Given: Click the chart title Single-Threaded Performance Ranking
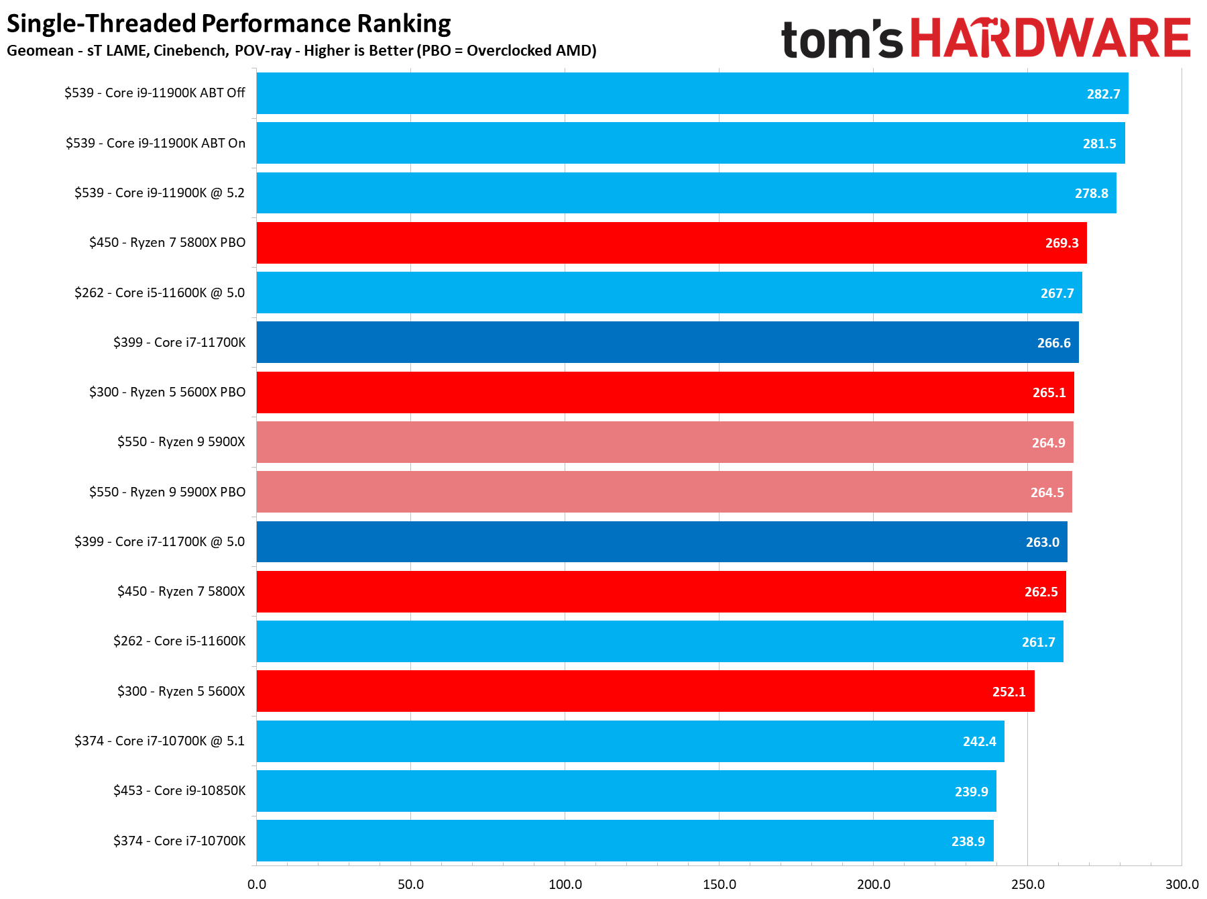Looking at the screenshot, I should pyautogui.click(x=229, y=23).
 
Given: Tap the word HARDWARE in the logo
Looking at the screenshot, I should pyautogui.click(x=1050, y=38).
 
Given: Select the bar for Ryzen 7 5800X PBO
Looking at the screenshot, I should pyautogui.click(x=671, y=243).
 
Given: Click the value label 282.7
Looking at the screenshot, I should pyautogui.click(x=1103, y=94).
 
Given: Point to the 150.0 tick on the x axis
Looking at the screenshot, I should pyautogui.click(x=719, y=884).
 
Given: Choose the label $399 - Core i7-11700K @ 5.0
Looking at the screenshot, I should pyautogui.click(x=160, y=541).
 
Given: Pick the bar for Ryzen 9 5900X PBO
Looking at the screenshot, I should pyautogui.click(x=664, y=492).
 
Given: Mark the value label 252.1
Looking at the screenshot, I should pyautogui.click(x=1009, y=692).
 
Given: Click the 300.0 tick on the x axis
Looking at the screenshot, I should pyautogui.click(x=1182, y=884).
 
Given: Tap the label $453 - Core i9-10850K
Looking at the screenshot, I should pyautogui.click(x=179, y=790).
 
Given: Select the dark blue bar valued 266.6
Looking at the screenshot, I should pyautogui.click(x=667, y=342).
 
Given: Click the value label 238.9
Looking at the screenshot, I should pyautogui.click(x=968, y=841).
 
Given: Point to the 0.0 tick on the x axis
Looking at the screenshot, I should pyautogui.click(x=257, y=884).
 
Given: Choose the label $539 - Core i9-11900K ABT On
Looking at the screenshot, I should pyautogui.click(x=156, y=143).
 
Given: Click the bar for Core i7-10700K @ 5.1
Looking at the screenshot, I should pyautogui.click(x=630, y=741).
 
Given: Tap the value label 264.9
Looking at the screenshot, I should pyautogui.click(x=1048, y=443).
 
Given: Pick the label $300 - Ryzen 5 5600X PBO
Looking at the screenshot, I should pyautogui.click(x=167, y=392).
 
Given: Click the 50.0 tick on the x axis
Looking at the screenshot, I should pyautogui.click(x=410, y=884).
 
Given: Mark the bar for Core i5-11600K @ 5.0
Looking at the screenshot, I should pyautogui.click(x=669, y=293).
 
